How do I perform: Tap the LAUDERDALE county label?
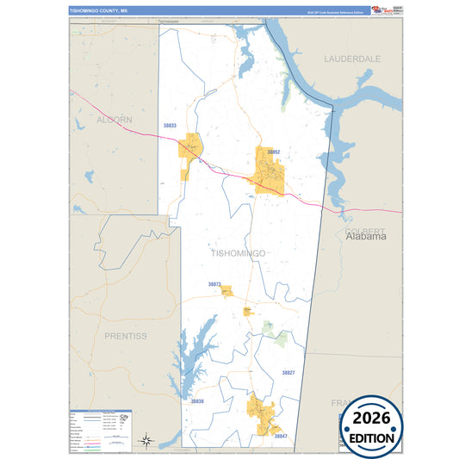[x=353, y=59]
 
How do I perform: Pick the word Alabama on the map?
[x=367, y=237]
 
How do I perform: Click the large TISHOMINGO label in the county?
[x=239, y=253]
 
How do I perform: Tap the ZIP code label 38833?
[x=170, y=126]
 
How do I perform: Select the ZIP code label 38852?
[x=273, y=152]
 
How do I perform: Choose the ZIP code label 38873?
[x=214, y=283]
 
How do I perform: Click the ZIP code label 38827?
[x=288, y=372]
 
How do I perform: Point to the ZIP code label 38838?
[x=197, y=401]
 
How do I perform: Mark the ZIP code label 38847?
[x=281, y=437]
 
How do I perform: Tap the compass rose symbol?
[x=147, y=441]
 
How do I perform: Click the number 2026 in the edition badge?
[x=372, y=418]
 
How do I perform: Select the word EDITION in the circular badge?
[x=372, y=437]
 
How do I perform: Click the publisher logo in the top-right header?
[x=380, y=10]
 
